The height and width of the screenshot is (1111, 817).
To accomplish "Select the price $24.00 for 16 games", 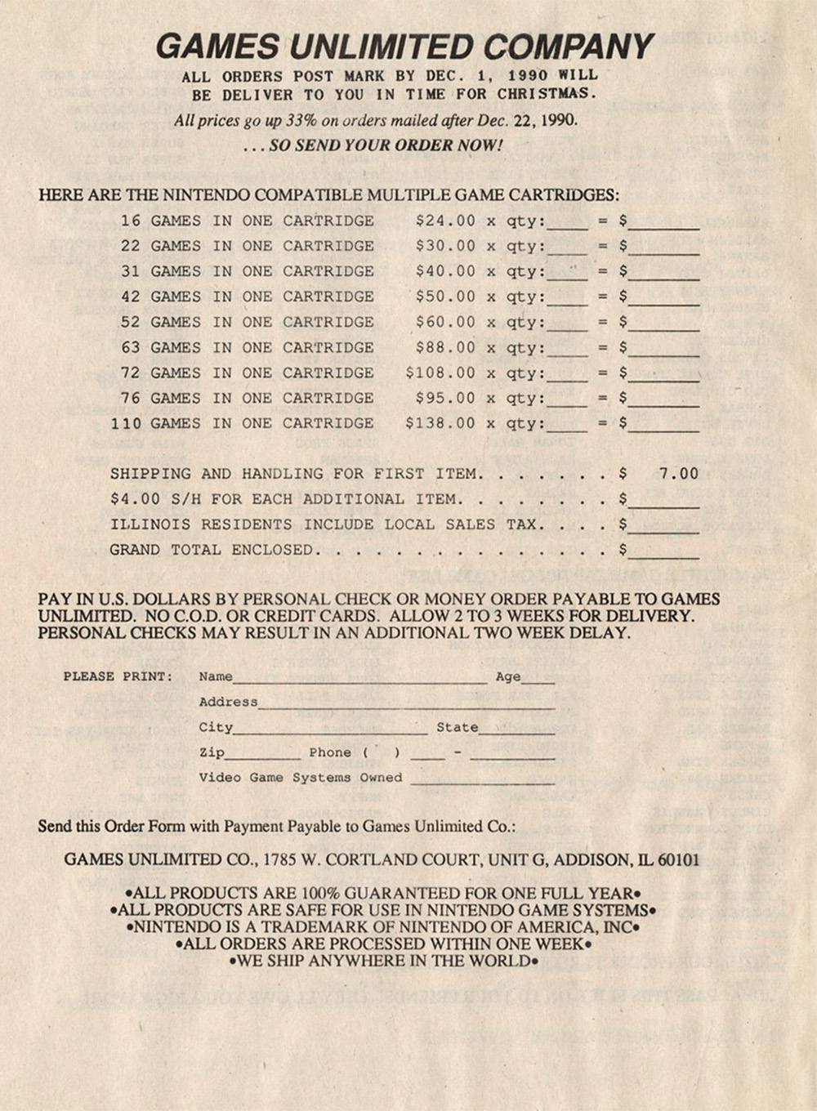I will [445, 221].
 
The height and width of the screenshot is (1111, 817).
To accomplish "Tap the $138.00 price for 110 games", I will [440, 423].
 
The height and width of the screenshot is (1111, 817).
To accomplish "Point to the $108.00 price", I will [440, 373].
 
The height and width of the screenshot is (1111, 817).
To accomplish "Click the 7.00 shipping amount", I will [678, 474].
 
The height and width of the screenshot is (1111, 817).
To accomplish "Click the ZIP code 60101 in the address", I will [678, 859].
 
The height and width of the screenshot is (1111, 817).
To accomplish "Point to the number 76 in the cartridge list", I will [131, 398].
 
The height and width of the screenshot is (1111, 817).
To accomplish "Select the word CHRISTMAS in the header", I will [547, 94].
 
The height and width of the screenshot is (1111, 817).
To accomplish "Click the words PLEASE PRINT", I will [118, 676].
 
